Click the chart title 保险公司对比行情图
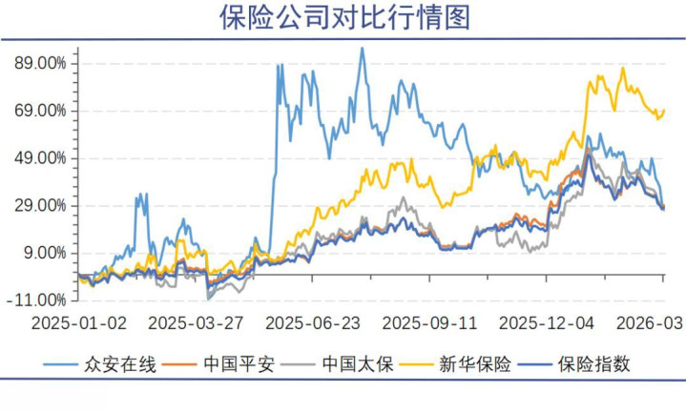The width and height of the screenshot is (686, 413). (x=344, y=18)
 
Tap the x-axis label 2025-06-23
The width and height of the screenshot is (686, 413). (x=316, y=323)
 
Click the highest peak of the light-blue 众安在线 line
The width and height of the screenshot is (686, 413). (x=362, y=49)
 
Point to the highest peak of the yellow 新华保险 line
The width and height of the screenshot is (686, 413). (x=623, y=68)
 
